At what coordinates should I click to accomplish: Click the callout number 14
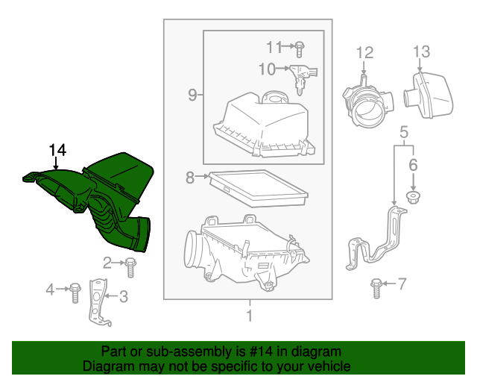click(57, 150)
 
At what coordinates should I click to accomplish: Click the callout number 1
click(249, 316)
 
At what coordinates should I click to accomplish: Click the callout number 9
click(192, 95)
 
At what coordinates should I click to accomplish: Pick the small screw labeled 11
click(298, 48)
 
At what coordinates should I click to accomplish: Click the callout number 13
click(421, 51)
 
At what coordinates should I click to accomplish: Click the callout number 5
click(403, 133)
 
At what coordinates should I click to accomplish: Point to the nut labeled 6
click(412, 196)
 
